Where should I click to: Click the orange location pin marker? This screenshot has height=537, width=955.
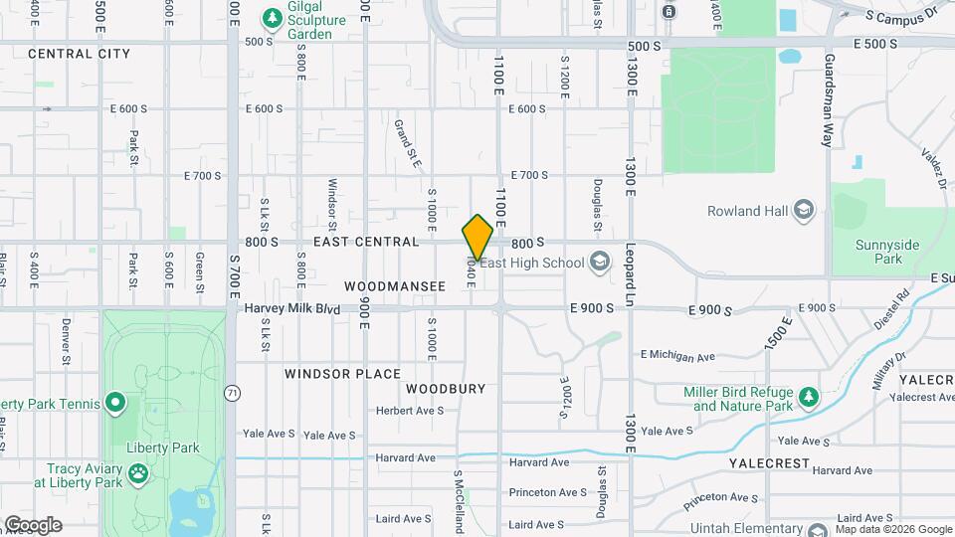tap(477, 237)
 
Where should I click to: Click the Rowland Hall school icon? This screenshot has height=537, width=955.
tap(804, 211)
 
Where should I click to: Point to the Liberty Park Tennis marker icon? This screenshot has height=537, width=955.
tap(115, 404)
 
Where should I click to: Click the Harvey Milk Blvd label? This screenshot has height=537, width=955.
tap(291, 309)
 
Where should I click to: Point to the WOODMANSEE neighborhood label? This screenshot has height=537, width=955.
tap(395, 285)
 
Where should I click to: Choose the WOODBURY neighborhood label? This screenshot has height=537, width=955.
tap(445, 389)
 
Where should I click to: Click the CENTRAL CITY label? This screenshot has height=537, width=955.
tap(80, 54)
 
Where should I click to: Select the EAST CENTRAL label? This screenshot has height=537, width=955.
tap(366, 242)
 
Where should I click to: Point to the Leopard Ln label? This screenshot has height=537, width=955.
tap(630, 272)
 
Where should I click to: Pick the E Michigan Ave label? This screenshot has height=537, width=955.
tap(677, 355)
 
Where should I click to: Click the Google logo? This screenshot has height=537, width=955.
tap(33, 525)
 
